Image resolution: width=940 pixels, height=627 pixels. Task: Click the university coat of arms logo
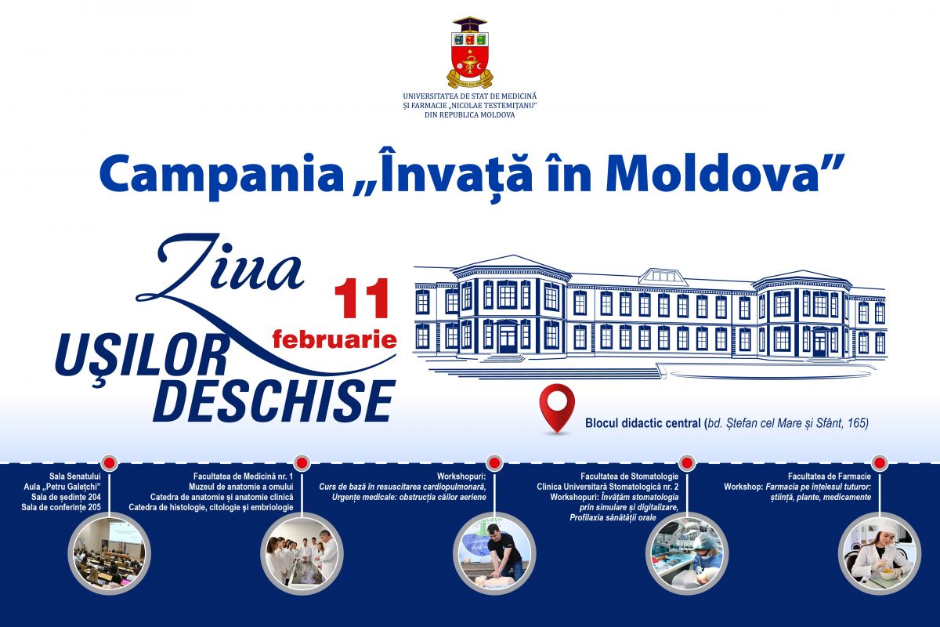click(x=470, y=53)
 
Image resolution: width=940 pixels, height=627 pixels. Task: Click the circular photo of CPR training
click(x=495, y=553)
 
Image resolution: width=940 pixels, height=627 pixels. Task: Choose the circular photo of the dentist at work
click(x=687, y=553)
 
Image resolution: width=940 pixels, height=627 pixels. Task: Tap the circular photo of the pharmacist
click(x=880, y=553)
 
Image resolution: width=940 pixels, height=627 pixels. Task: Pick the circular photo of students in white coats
click(x=302, y=553)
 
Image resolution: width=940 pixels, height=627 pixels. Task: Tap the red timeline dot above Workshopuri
click(x=494, y=462)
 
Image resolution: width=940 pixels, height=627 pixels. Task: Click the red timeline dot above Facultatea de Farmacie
click(x=879, y=462)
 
